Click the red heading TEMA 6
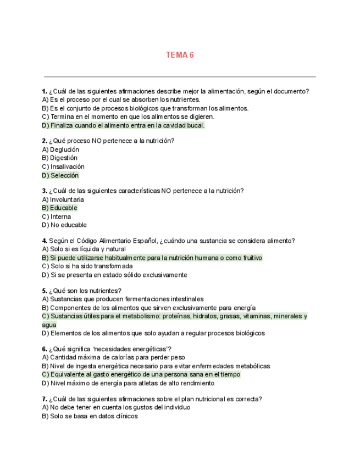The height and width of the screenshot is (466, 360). click(x=180, y=55)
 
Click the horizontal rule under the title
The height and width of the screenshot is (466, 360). click(x=180, y=77)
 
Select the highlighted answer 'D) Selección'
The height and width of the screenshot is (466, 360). click(x=60, y=175)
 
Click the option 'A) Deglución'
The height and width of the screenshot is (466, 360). click(x=60, y=149)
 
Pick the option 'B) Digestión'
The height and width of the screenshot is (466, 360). click(x=60, y=158)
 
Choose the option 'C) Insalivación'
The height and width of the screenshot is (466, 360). click(x=63, y=167)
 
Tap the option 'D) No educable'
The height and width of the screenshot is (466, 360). click(x=64, y=225)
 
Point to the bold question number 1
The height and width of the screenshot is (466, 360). click(x=45, y=91)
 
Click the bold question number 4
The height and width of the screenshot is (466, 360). click(x=45, y=241)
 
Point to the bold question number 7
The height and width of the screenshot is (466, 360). click(x=45, y=399)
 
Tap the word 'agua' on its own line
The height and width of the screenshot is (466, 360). click(x=49, y=325)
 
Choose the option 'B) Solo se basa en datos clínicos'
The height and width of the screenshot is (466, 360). click(x=90, y=416)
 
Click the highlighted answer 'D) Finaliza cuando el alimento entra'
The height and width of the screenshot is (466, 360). click(x=123, y=125)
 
